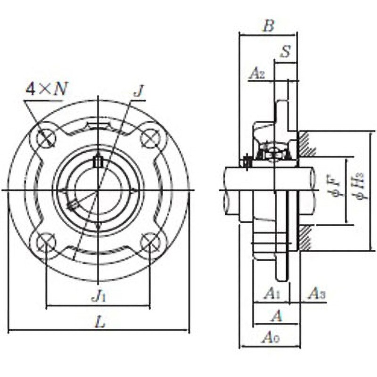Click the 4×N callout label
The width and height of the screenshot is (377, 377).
46,90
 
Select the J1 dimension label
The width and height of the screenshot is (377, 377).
99,296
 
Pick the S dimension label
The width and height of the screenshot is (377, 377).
285,52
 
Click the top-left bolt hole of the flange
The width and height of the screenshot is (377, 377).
47,137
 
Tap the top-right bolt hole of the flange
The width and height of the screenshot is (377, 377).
150,137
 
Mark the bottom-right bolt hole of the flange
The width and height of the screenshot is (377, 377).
150,242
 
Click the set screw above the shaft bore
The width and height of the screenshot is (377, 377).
98,162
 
